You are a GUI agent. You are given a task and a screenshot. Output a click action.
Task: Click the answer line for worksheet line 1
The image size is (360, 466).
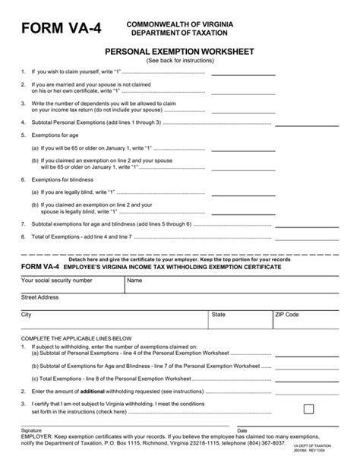coord(238,75)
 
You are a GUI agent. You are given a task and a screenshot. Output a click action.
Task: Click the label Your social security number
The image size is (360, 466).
coord(56,281)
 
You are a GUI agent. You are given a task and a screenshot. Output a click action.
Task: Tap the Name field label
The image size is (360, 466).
coord(134,281)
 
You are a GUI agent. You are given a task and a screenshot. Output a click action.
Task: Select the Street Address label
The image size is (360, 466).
coord(40,297)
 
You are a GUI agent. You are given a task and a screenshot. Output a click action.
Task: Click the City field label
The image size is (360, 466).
coord(27,314)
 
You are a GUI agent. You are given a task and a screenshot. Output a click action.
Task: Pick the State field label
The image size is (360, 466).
coord(218,314)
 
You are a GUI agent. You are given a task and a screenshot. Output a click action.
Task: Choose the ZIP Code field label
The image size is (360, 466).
coord(287,314)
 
